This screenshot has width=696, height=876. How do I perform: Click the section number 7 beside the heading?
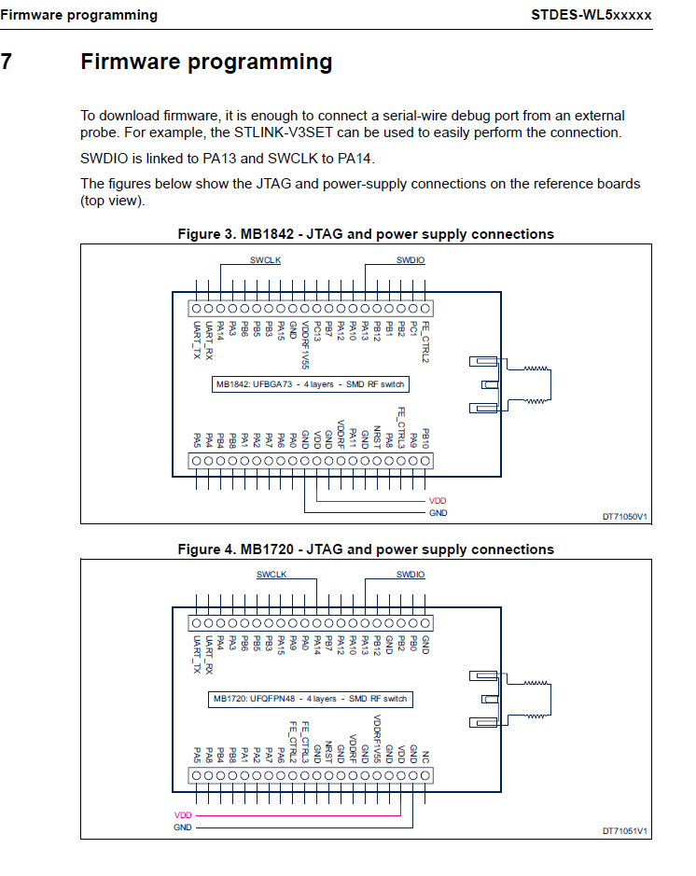pos(7,63)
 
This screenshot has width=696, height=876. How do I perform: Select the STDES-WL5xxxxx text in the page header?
pos(592,15)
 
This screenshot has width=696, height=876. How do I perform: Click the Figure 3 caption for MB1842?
pos(366,234)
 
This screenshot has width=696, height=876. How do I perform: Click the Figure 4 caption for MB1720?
pos(366,549)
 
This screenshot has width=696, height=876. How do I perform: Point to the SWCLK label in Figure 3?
pos(265,260)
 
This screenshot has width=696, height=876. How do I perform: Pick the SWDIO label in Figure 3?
pos(411,260)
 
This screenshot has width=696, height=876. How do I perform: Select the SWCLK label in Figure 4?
pos(271,575)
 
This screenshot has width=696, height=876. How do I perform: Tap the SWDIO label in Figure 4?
pos(411,575)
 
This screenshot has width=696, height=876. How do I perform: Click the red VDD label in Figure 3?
pos(438,501)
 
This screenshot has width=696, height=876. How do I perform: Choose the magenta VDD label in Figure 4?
pos(183,814)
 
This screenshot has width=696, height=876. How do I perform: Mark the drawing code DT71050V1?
pos(624,516)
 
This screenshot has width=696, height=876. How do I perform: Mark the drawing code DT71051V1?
pos(624,830)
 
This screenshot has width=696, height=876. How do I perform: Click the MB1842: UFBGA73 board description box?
pos(311,383)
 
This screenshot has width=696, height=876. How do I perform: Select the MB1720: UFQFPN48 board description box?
pos(311,698)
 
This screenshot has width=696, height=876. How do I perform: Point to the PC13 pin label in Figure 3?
pos(317,332)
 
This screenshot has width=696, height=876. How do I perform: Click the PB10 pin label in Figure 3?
pos(425,438)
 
